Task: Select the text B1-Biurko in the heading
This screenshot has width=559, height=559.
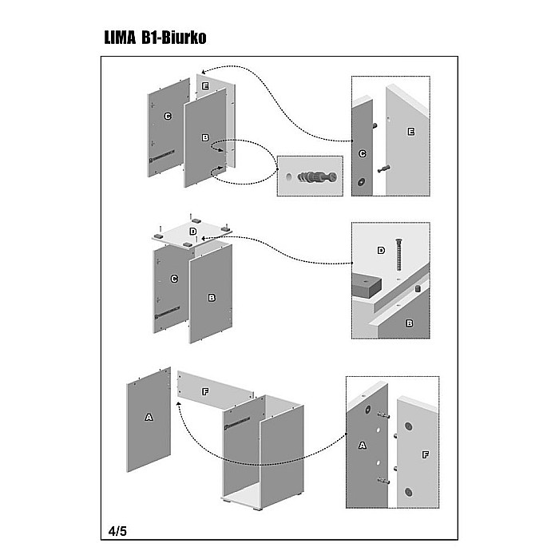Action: (x=177, y=38)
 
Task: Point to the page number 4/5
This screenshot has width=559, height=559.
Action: (x=117, y=530)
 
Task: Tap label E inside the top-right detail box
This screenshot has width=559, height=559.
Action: (x=410, y=131)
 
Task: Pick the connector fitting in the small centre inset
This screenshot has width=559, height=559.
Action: (x=317, y=176)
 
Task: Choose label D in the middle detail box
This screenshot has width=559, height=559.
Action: (x=380, y=250)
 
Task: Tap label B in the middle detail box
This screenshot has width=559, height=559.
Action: (x=409, y=323)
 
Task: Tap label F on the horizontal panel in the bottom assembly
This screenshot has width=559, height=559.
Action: (x=205, y=392)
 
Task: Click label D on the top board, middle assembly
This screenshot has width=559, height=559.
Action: (x=192, y=232)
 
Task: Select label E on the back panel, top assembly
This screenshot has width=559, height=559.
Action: (x=205, y=85)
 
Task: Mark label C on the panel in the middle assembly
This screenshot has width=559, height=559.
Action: (x=174, y=279)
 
